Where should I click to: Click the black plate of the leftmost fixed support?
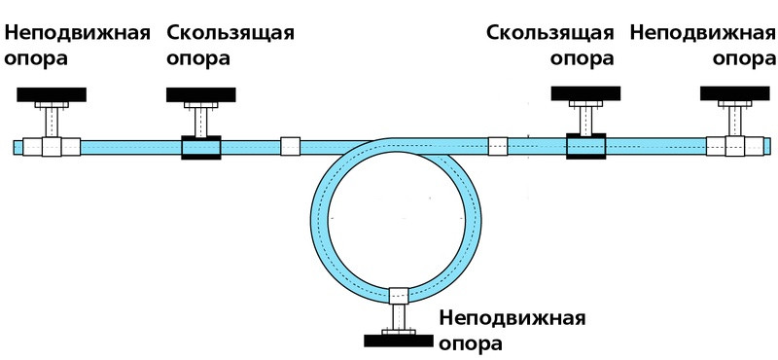pos(52,94)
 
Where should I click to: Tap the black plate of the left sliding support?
pos(201,94)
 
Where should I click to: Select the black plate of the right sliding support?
pos(585,93)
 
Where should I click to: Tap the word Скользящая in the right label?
pos(550,32)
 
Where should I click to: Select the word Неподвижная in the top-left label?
pos(78,32)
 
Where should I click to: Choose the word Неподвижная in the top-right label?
pos(702,32)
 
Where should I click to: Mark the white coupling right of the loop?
pos(497,146)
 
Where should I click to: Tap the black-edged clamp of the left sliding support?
pos(201,146)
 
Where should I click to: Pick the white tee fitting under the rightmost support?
pos(735,146)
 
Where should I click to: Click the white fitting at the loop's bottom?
pos(398,295)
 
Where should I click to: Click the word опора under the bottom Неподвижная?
pos(472,343)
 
